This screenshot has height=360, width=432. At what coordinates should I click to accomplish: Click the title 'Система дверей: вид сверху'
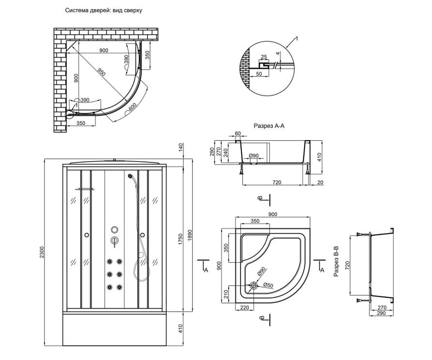(x=104, y=10)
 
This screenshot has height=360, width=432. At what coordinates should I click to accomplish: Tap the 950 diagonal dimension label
(x=101, y=72)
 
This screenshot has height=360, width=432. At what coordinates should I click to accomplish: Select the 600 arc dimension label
(x=132, y=107)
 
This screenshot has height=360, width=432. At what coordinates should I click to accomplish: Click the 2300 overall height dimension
(x=42, y=252)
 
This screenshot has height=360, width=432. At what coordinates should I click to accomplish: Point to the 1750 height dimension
(x=180, y=239)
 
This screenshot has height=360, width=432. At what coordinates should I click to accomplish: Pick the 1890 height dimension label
(x=190, y=235)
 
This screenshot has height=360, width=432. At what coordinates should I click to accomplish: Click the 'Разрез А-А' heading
(x=269, y=126)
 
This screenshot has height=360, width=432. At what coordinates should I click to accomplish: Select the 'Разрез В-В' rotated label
(x=336, y=261)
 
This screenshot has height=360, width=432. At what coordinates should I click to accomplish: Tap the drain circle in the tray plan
(x=253, y=285)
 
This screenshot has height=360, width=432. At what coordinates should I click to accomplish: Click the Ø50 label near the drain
(x=268, y=285)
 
